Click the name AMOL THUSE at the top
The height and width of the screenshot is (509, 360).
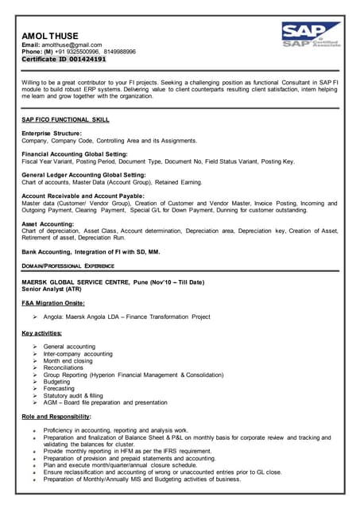coord(49,36)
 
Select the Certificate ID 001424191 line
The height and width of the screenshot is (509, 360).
coord(64,59)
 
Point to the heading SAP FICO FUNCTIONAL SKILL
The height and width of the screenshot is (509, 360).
coord(66,119)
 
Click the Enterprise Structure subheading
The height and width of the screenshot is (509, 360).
coord(52,133)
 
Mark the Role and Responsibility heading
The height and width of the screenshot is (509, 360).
coord(56,416)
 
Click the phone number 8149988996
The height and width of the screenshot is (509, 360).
coord(118,52)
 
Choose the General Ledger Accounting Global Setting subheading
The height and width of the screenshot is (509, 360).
coord(83,174)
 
